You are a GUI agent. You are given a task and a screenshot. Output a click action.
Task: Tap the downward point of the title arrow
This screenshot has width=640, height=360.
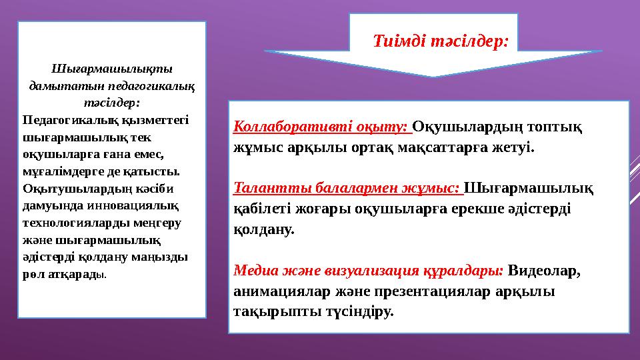[x=433, y=75]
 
